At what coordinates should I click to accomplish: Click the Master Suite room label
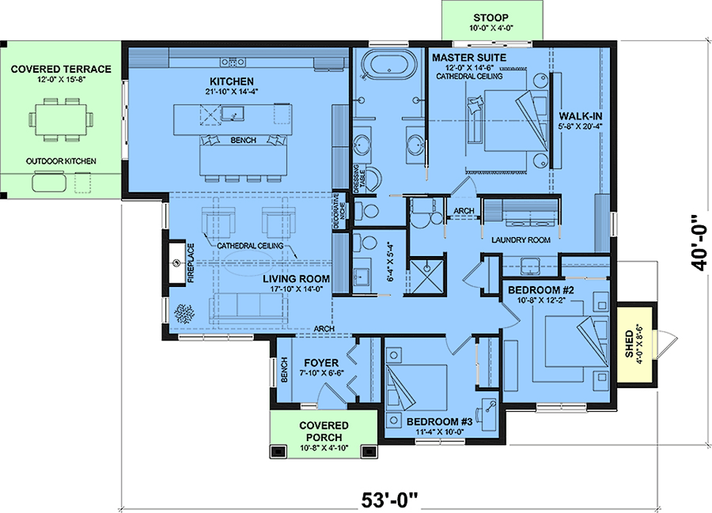(x=469, y=58)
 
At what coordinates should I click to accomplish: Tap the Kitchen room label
(x=231, y=81)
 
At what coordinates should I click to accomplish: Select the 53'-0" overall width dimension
(x=389, y=500)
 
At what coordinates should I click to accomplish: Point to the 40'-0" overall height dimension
(x=701, y=242)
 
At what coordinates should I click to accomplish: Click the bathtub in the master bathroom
(x=390, y=63)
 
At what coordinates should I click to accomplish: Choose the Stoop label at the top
(x=491, y=18)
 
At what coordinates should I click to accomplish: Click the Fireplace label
(x=191, y=263)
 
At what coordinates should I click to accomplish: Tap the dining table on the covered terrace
(x=62, y=120)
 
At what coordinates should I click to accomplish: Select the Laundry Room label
(x=521, y=240)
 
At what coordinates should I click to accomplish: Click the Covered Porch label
(x=324, y=432)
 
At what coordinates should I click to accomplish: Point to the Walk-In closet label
(x=581, y=116)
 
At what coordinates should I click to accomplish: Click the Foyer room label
(x=322, y=363)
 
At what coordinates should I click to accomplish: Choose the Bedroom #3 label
(x=440, y=421)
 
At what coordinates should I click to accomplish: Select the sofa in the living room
(x=248, y=309)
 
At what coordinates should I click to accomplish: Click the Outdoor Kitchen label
(x=61, y=161)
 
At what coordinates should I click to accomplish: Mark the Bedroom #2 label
(x=541, y=290)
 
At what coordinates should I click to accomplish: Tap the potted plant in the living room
(x=185, y=313)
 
